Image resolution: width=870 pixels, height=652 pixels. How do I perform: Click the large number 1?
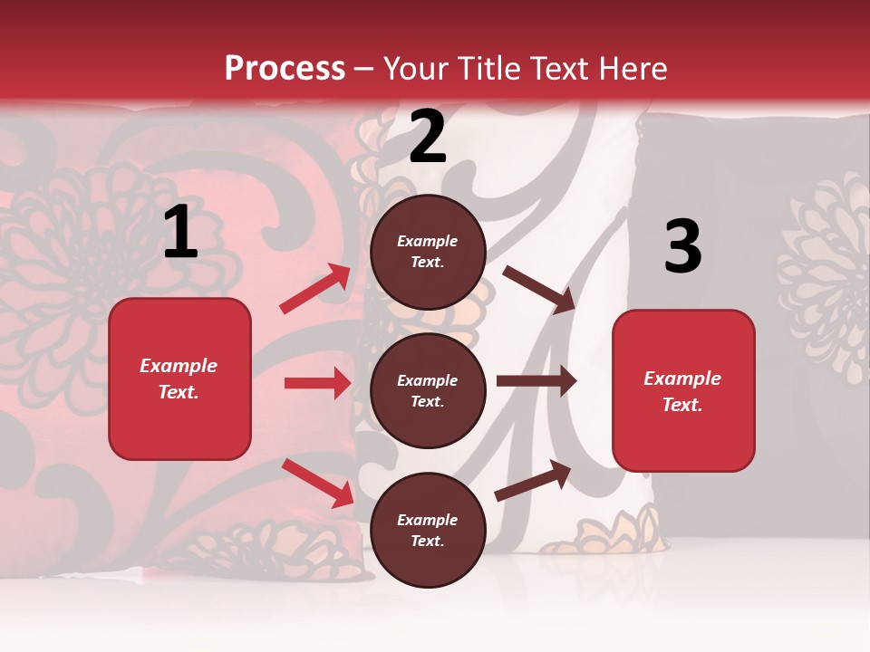pyautogui.click(x=180, y=232)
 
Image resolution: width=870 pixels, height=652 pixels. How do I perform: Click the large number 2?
pyautogui.click(x=428, y=137)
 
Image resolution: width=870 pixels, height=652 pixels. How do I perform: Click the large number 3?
pyautogui.click(x=682, y=246)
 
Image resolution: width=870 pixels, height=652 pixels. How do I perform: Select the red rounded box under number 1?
pyautogui.click(x=179, y=379)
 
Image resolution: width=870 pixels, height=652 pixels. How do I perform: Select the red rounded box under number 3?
pyautogui.click(x=683, y=390)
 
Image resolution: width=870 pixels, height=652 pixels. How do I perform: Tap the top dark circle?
pyautogui.click(x=428, y=252)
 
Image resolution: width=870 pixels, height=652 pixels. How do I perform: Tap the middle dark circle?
pyautogui.click(x=428, y=390)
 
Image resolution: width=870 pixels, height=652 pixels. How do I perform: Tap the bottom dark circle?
pyautogui.click(x=428, y=530)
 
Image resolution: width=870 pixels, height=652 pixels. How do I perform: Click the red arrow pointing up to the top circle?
pyautogui.click(x=315, y=289)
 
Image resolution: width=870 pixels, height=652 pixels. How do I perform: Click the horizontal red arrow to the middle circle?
pyautogui.click(x=317, y=383)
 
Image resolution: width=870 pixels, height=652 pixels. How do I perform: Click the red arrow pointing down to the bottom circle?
pyautogui.click(x=317, y=482)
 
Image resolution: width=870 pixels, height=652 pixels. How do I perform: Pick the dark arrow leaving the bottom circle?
pyautogui.click(x=533, y=481)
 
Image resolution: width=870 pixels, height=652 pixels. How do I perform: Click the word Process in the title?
pyautogui.click(x=285, y=68)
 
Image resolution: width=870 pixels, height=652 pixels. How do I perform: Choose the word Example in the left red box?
pyautogui.click(x=179, y=366)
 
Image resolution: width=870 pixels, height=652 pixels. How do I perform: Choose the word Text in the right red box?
pyautogui.click(x=681, y=405)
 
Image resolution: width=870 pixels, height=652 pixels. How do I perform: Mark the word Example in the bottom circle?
pyautogui.click(x=428, y=520)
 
